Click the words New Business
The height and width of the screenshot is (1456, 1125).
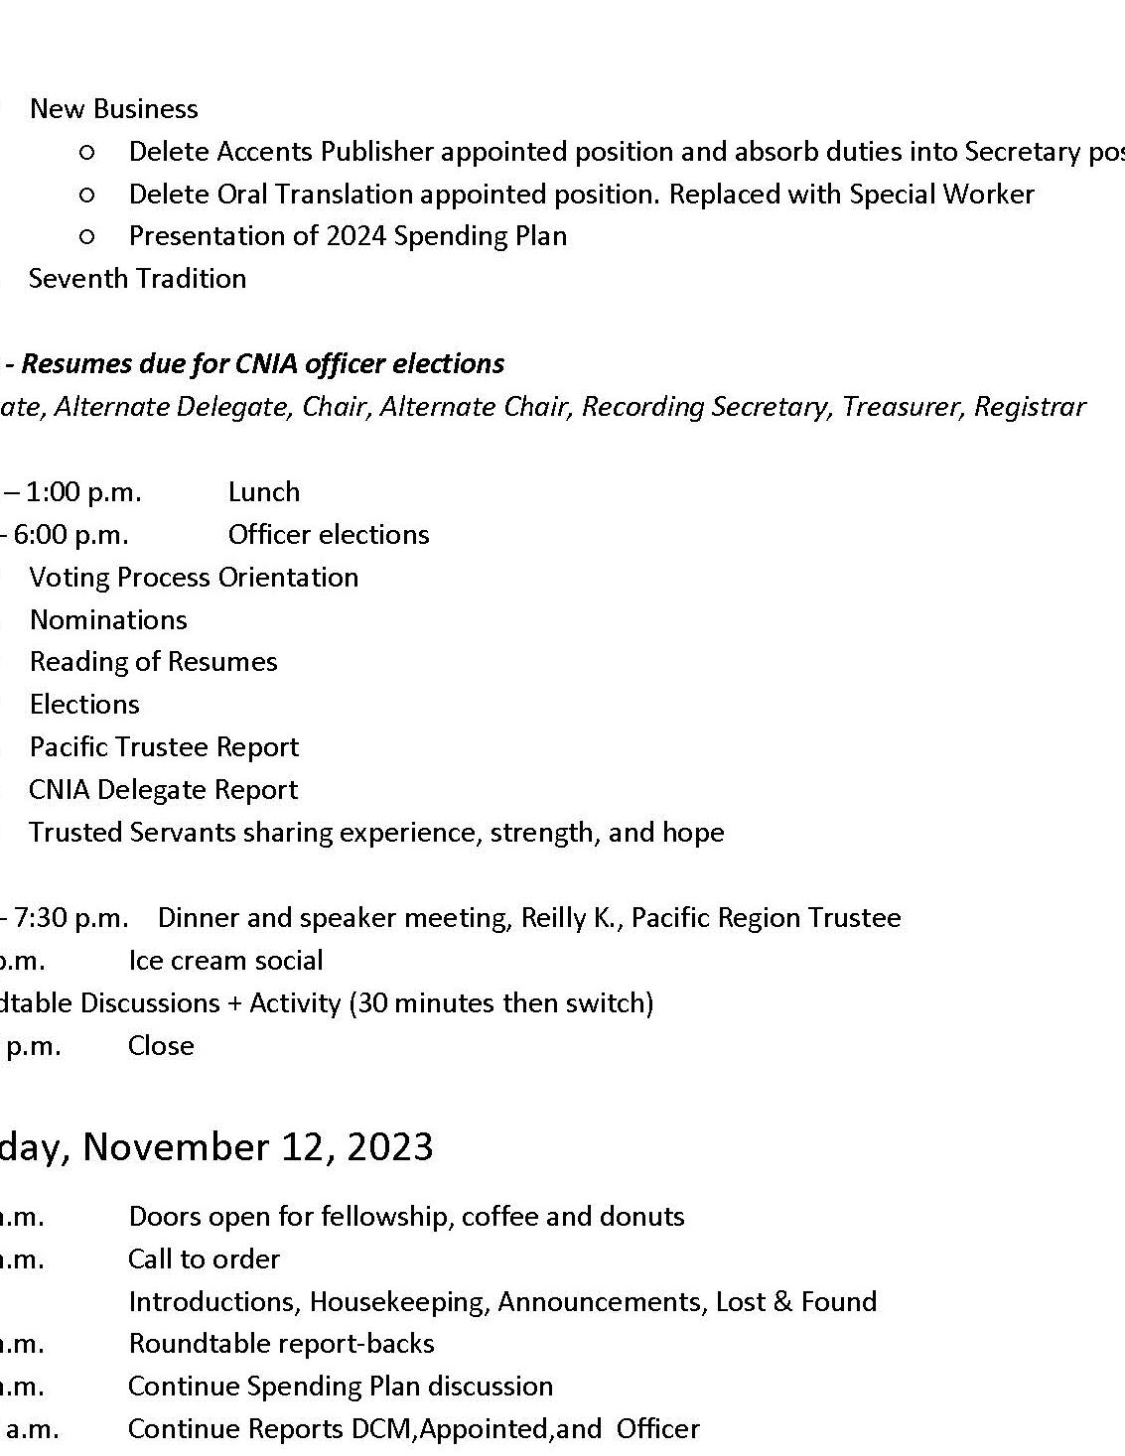pos(113,108)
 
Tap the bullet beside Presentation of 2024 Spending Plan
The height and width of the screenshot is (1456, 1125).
pos(86,236)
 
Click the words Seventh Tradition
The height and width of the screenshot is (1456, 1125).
pos(137,278)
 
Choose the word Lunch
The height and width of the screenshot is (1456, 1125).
pos(263,491)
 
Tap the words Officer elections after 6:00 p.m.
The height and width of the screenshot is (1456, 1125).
pos(328,534)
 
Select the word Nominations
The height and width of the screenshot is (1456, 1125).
pos(108,619)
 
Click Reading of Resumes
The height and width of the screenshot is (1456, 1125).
pos(153,661)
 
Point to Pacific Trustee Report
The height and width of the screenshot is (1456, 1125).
pos(164,746)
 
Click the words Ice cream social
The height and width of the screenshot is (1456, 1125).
pos(225,960)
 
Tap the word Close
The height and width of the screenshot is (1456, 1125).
pos(161,1045)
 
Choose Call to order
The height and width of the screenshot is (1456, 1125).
pos(204,1258)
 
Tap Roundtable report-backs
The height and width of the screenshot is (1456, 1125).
pos(281,1343)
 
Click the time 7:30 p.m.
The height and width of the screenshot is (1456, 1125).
pos(70,917)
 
